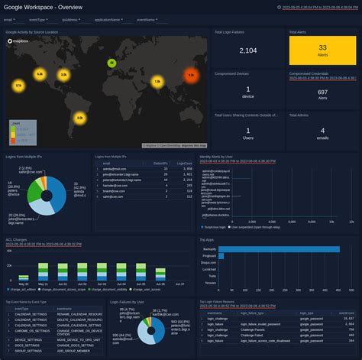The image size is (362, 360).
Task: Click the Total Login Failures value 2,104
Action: pos(247,50)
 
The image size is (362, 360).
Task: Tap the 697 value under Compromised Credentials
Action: pos(322,92)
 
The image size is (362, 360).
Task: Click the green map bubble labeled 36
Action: pos(112,63)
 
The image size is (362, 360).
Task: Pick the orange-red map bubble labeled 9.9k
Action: pos(191,75)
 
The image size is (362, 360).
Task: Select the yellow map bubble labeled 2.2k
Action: pos(79,118)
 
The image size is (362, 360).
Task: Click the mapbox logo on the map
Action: pos(17,43)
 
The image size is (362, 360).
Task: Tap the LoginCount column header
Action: pos(184,163)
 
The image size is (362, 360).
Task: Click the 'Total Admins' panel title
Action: pos(301,113)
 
